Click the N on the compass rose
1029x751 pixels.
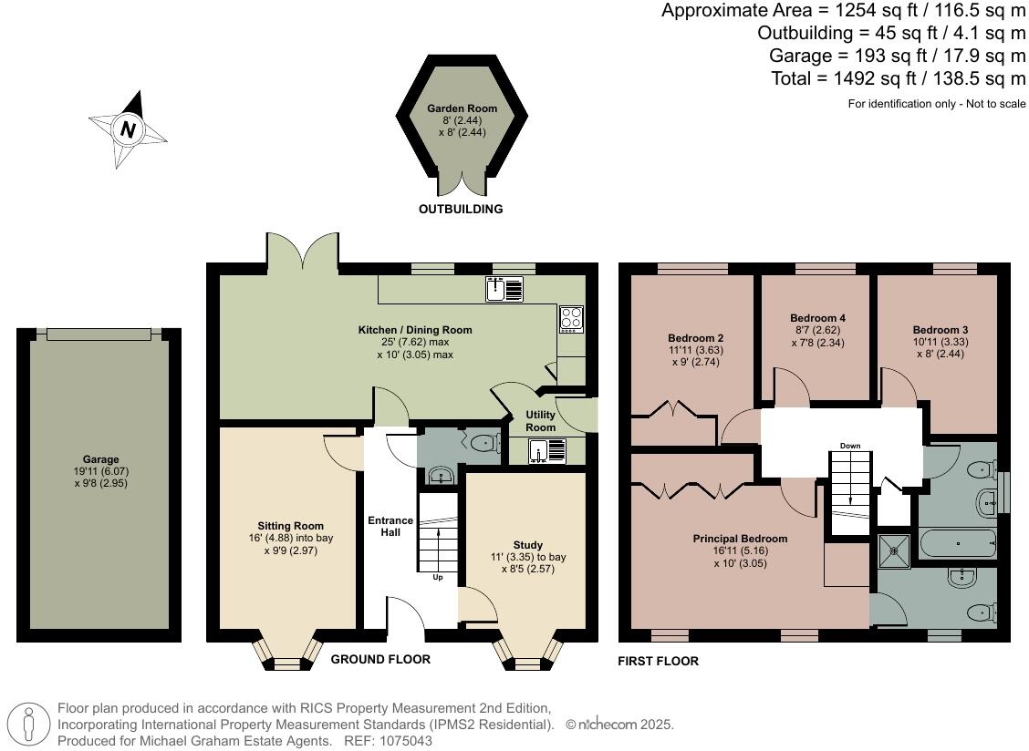tap(129, 129)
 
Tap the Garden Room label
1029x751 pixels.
tap(462, 108)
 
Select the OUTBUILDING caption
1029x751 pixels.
tap(461, 210)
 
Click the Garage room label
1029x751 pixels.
tap(100, 459)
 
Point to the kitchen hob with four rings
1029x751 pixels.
tap(571, 319)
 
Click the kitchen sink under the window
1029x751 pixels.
tap(504, 289)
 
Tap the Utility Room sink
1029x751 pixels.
tap(546, 451)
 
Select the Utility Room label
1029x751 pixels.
tap(540, 421)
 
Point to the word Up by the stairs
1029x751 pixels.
tap(438, 577)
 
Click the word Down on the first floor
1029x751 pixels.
tap(850, 446)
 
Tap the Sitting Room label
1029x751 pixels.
tap(290, 526)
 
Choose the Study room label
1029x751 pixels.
tap(527, 545)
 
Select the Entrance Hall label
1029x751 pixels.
tap(390, 526)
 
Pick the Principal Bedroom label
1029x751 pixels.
tap(740, 539)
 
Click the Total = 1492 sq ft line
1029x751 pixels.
tap(899, 78)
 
